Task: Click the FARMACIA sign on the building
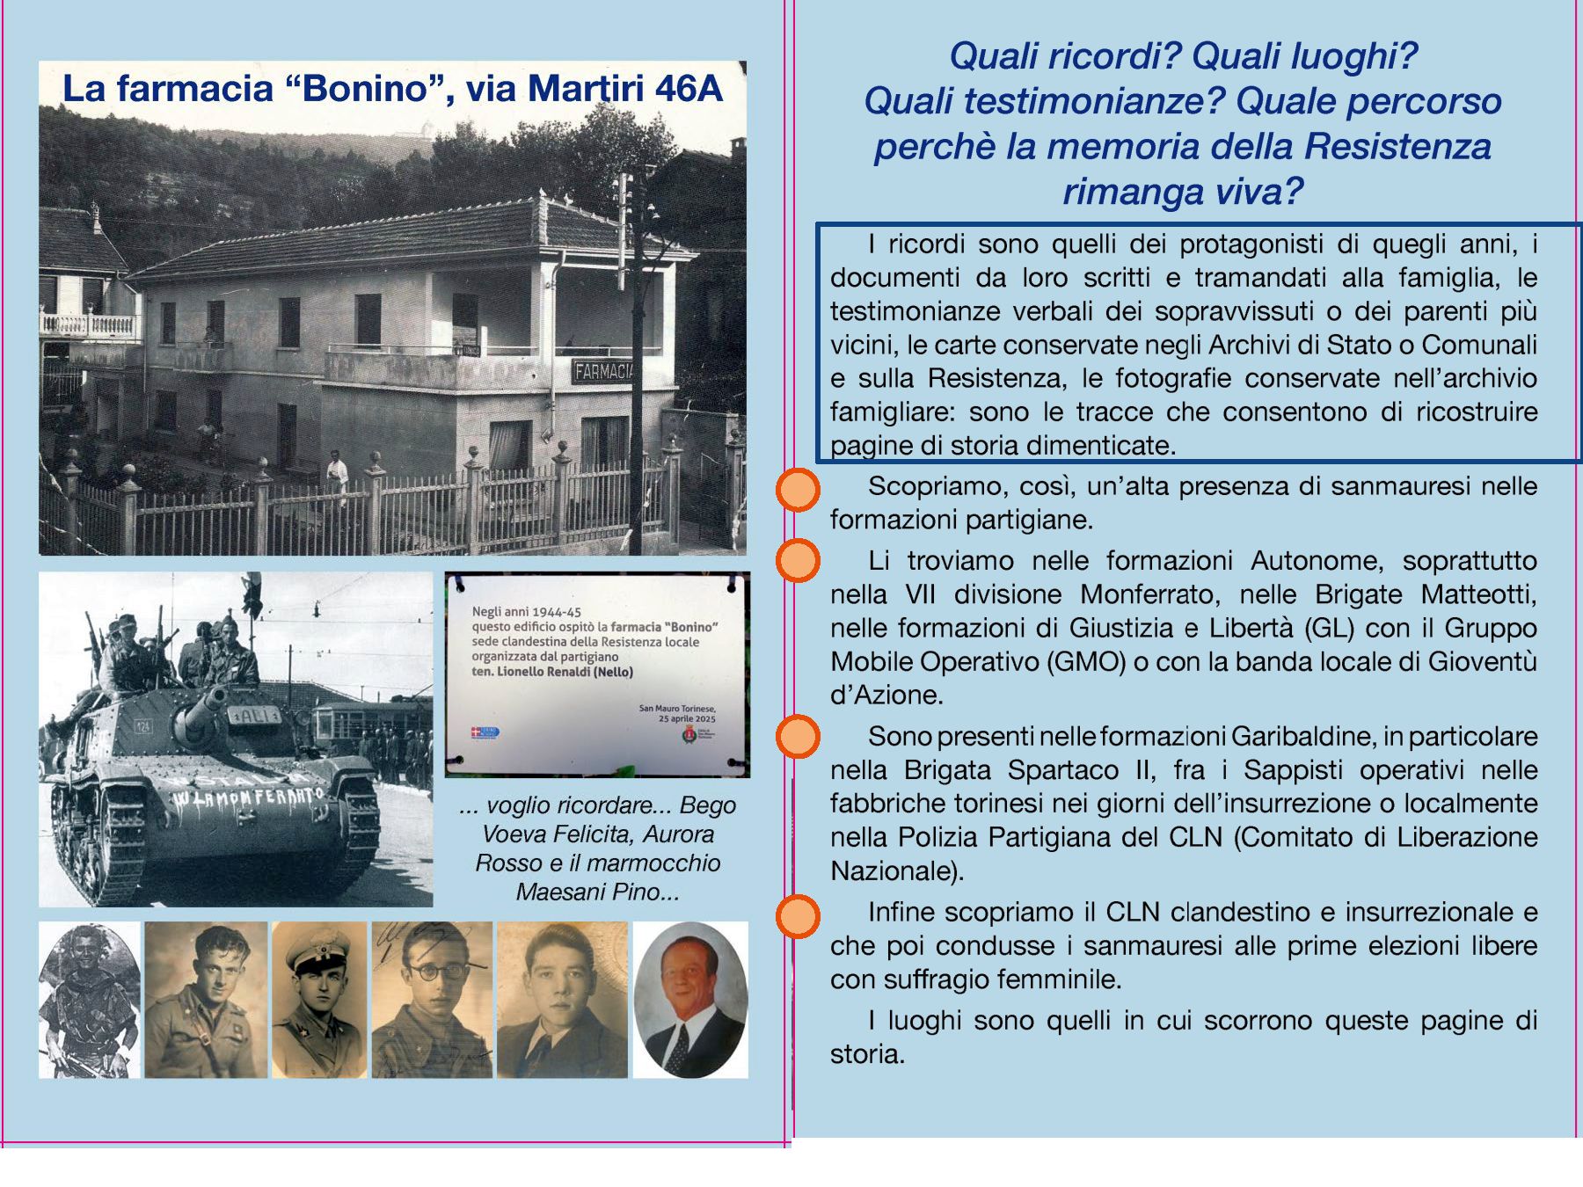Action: click(603, 371)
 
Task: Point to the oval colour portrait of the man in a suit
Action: click(690, 1000)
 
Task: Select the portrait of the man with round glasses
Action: click(432, 1000)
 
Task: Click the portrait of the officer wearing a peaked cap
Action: click(319, 1000)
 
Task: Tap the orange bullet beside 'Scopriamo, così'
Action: click(798, 490)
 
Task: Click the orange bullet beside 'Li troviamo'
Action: click(798, 561)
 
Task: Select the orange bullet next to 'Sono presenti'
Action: click(798, 737)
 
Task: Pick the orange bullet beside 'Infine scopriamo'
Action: click(798, 916)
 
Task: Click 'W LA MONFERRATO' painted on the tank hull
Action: click(249, 797)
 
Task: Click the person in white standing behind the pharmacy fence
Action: click(336, 475)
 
